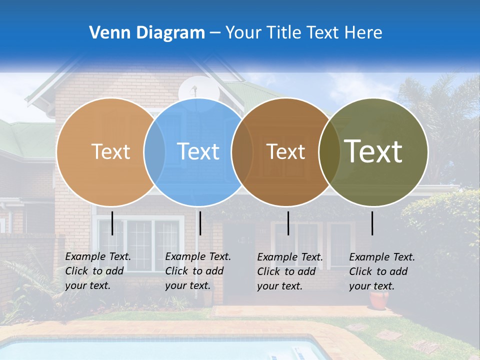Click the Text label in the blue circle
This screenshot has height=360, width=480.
pyautogui.click(x=198, y=151)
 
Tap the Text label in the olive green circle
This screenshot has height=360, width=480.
pyautogui.click(x=373, y=151)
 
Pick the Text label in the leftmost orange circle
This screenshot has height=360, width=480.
pyautogui.click(x=110, y=151)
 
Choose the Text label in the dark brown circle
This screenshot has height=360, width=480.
pyautogui.click(x=285, y=151)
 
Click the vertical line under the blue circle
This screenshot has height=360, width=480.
pyautogui.click(x=200, y=223)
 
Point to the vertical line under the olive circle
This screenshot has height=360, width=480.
pyautogui.click(x=372, y=223)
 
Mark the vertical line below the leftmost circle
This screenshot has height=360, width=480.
pyautogui.click(x=112, y=223)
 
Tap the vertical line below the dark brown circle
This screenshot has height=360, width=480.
pyautogui.click(x=288, y=223)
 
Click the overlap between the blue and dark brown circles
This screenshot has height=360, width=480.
pyautogui.click(x=242, y=151)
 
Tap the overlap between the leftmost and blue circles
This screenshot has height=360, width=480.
pyautogui.click(x=154, y=151)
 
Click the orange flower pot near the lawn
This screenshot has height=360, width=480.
pyautogui.click(x=379, y=300)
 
